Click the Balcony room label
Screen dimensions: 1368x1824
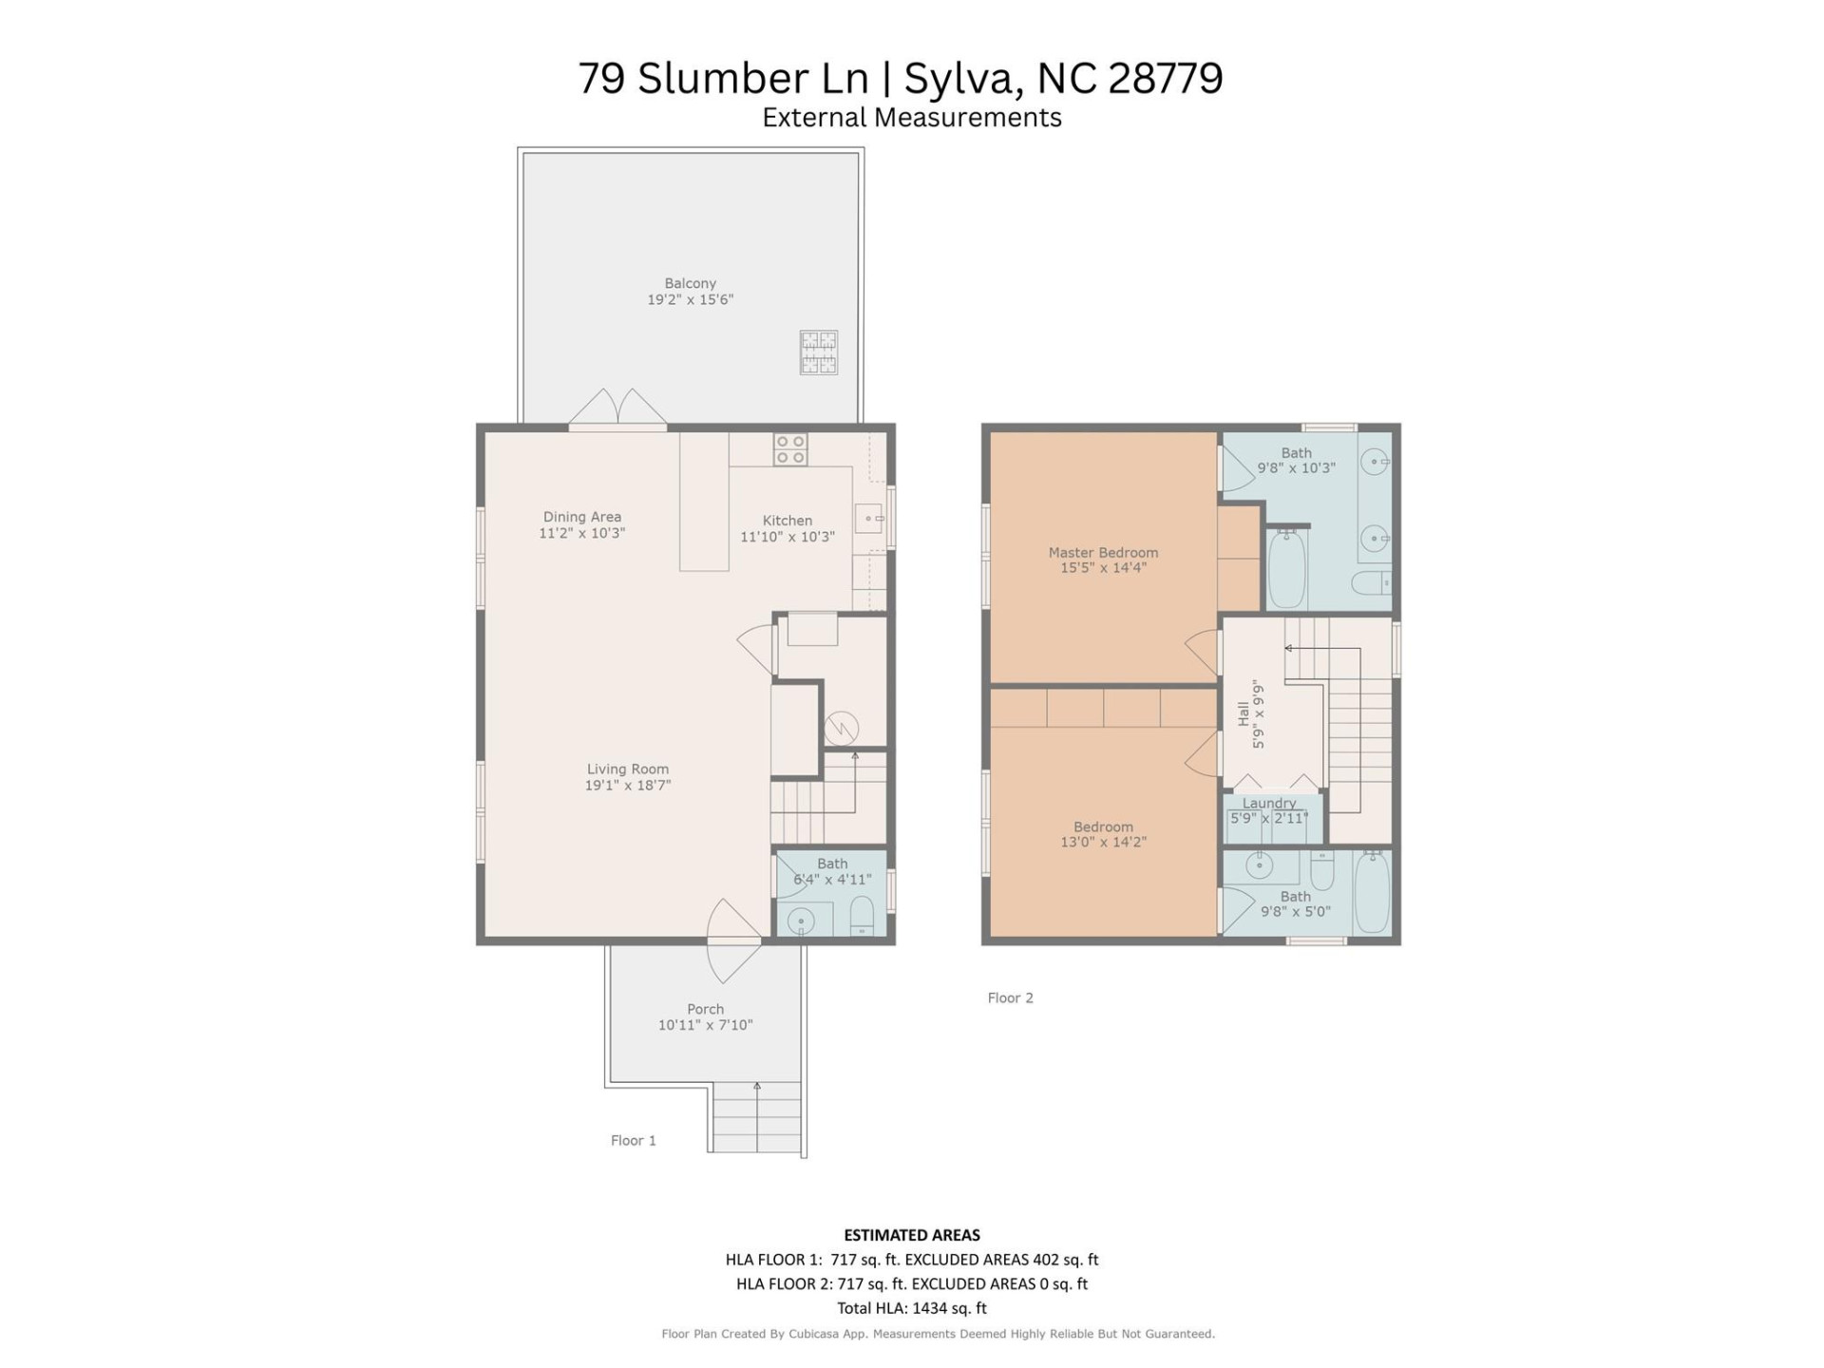[690, 283]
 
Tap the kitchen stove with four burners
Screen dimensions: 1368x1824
[789, 449]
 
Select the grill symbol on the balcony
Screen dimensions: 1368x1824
[818, 351]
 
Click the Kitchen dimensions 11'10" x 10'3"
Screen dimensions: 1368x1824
[788, 537]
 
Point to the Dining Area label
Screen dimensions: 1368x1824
[581, 517]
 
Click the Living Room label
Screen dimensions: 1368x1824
[627, 769]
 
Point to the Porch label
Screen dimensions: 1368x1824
[705, 1009]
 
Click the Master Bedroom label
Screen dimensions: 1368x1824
[1103, 552]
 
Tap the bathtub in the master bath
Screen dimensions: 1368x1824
[1287, 569]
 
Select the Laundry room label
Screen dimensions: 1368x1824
[1269, 803]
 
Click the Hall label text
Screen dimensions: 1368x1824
[1244, 713]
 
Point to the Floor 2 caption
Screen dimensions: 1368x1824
[1010, 997]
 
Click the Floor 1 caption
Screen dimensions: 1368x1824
[633, 1140]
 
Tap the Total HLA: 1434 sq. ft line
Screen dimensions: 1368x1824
[911, 1308]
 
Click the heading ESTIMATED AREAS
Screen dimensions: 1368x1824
[911, 1235]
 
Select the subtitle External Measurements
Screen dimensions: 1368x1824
[911, 118]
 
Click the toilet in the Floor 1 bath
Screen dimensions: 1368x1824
[861, 916]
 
